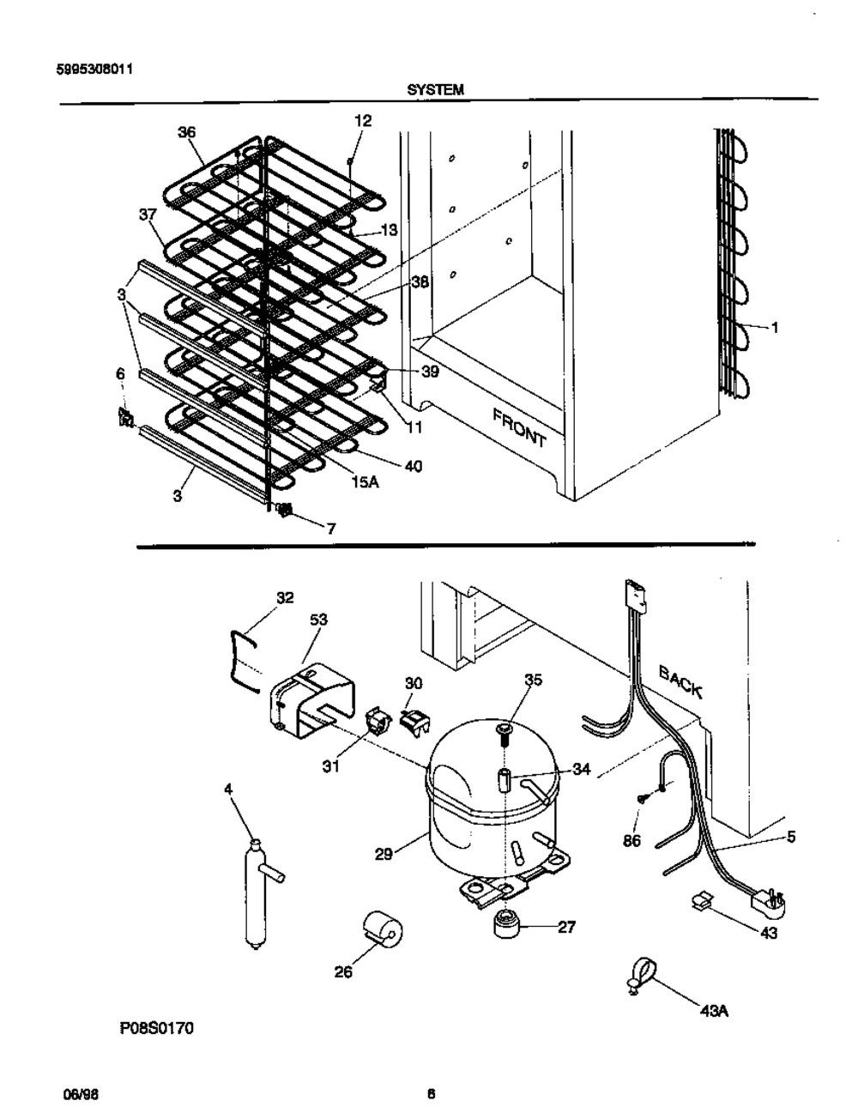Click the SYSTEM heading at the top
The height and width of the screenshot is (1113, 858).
tap(436, 90)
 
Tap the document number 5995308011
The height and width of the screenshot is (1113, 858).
tap(94, 70)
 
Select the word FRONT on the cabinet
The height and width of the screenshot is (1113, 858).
tap(519, 426)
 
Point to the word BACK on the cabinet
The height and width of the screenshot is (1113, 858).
tap(680, 681)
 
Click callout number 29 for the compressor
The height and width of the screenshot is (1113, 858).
tap(384, 854)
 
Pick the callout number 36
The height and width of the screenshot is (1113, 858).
tap(186, 132)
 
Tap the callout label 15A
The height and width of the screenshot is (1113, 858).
tap(365, 482)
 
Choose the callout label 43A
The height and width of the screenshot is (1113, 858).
tap(714, 1011)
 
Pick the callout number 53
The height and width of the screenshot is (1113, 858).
tap(318, 620)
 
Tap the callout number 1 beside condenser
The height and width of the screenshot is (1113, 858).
tap(775, 327)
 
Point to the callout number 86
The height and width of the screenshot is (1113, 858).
tap(633, 840)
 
